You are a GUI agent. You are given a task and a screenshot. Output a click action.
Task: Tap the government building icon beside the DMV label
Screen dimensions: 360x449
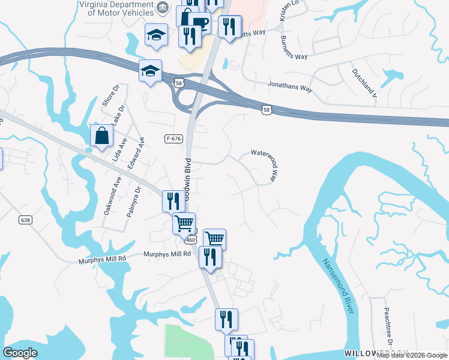(x=162, y=8)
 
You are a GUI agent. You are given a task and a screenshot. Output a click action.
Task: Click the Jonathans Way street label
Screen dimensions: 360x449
(x=291, y=88)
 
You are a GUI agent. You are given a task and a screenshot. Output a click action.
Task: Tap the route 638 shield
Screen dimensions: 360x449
(x=25, y=220)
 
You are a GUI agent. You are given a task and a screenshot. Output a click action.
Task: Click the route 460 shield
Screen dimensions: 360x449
(x=191, y=239)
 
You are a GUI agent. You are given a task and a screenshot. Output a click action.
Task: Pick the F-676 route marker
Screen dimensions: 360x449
(x=173, y=139)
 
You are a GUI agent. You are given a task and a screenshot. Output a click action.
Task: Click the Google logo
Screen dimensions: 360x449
(x=20, y=352)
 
